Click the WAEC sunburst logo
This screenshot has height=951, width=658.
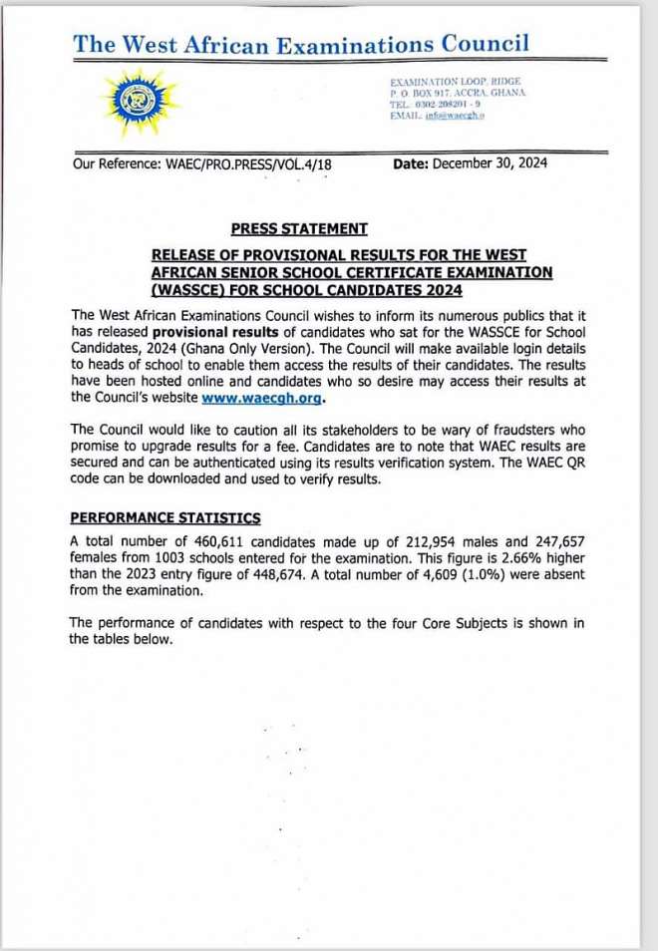pyautogui.click(x=138, y=102)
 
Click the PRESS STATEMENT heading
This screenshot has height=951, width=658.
pyautogui.click(x=299, y=228)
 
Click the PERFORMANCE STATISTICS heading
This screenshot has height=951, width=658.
pyautogui.click(x=164, y=517)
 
